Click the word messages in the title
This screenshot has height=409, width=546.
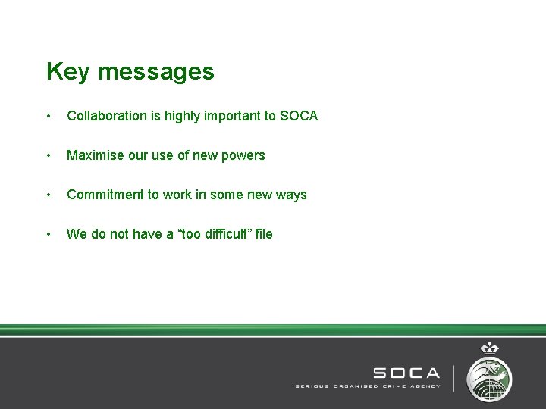click(155, 72)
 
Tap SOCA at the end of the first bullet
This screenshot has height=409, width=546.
click(299, 116)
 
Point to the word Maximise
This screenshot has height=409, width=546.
click(95, 155)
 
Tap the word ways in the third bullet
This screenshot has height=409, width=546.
click(291, 195)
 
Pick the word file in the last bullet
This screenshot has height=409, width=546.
click(263, 234)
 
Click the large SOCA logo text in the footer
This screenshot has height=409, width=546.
click(406, 373)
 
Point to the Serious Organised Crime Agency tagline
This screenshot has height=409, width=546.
click(367, 386)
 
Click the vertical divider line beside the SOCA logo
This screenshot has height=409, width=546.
click(454, 378)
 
